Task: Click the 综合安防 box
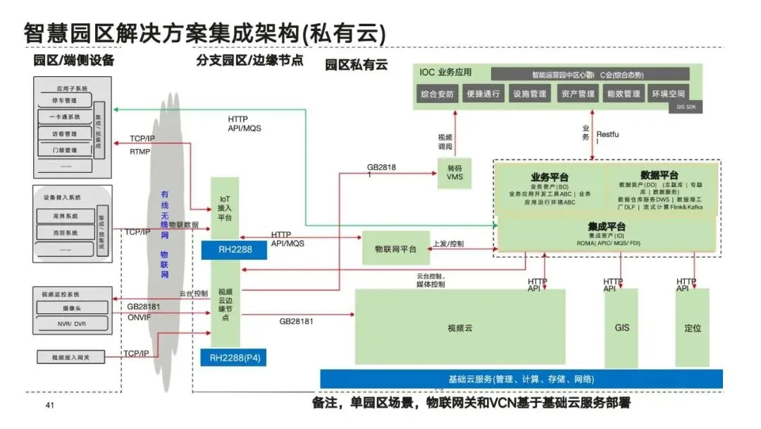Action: click(437, 94)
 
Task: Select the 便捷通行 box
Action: click(483, 94)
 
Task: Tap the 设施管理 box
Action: click(530, 94)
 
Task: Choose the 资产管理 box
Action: click(577, 94)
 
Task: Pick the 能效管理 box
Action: click(623, 94)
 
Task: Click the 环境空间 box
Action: click(668, 94)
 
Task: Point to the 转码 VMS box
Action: click(454, 173)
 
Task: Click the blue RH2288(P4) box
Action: click(234, 358)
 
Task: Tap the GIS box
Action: click(621, 327)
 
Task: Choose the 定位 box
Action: click(693, 327)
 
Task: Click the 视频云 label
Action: click(459, 327)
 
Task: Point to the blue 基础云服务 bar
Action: click(521, 379)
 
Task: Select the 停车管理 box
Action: click(65, 101)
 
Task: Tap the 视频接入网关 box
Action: click(70, 358)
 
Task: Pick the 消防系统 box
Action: click(65, 233)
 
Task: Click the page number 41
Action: click(49, 405)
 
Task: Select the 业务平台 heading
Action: click(550, 176)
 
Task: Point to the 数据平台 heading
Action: click(660, 175)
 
